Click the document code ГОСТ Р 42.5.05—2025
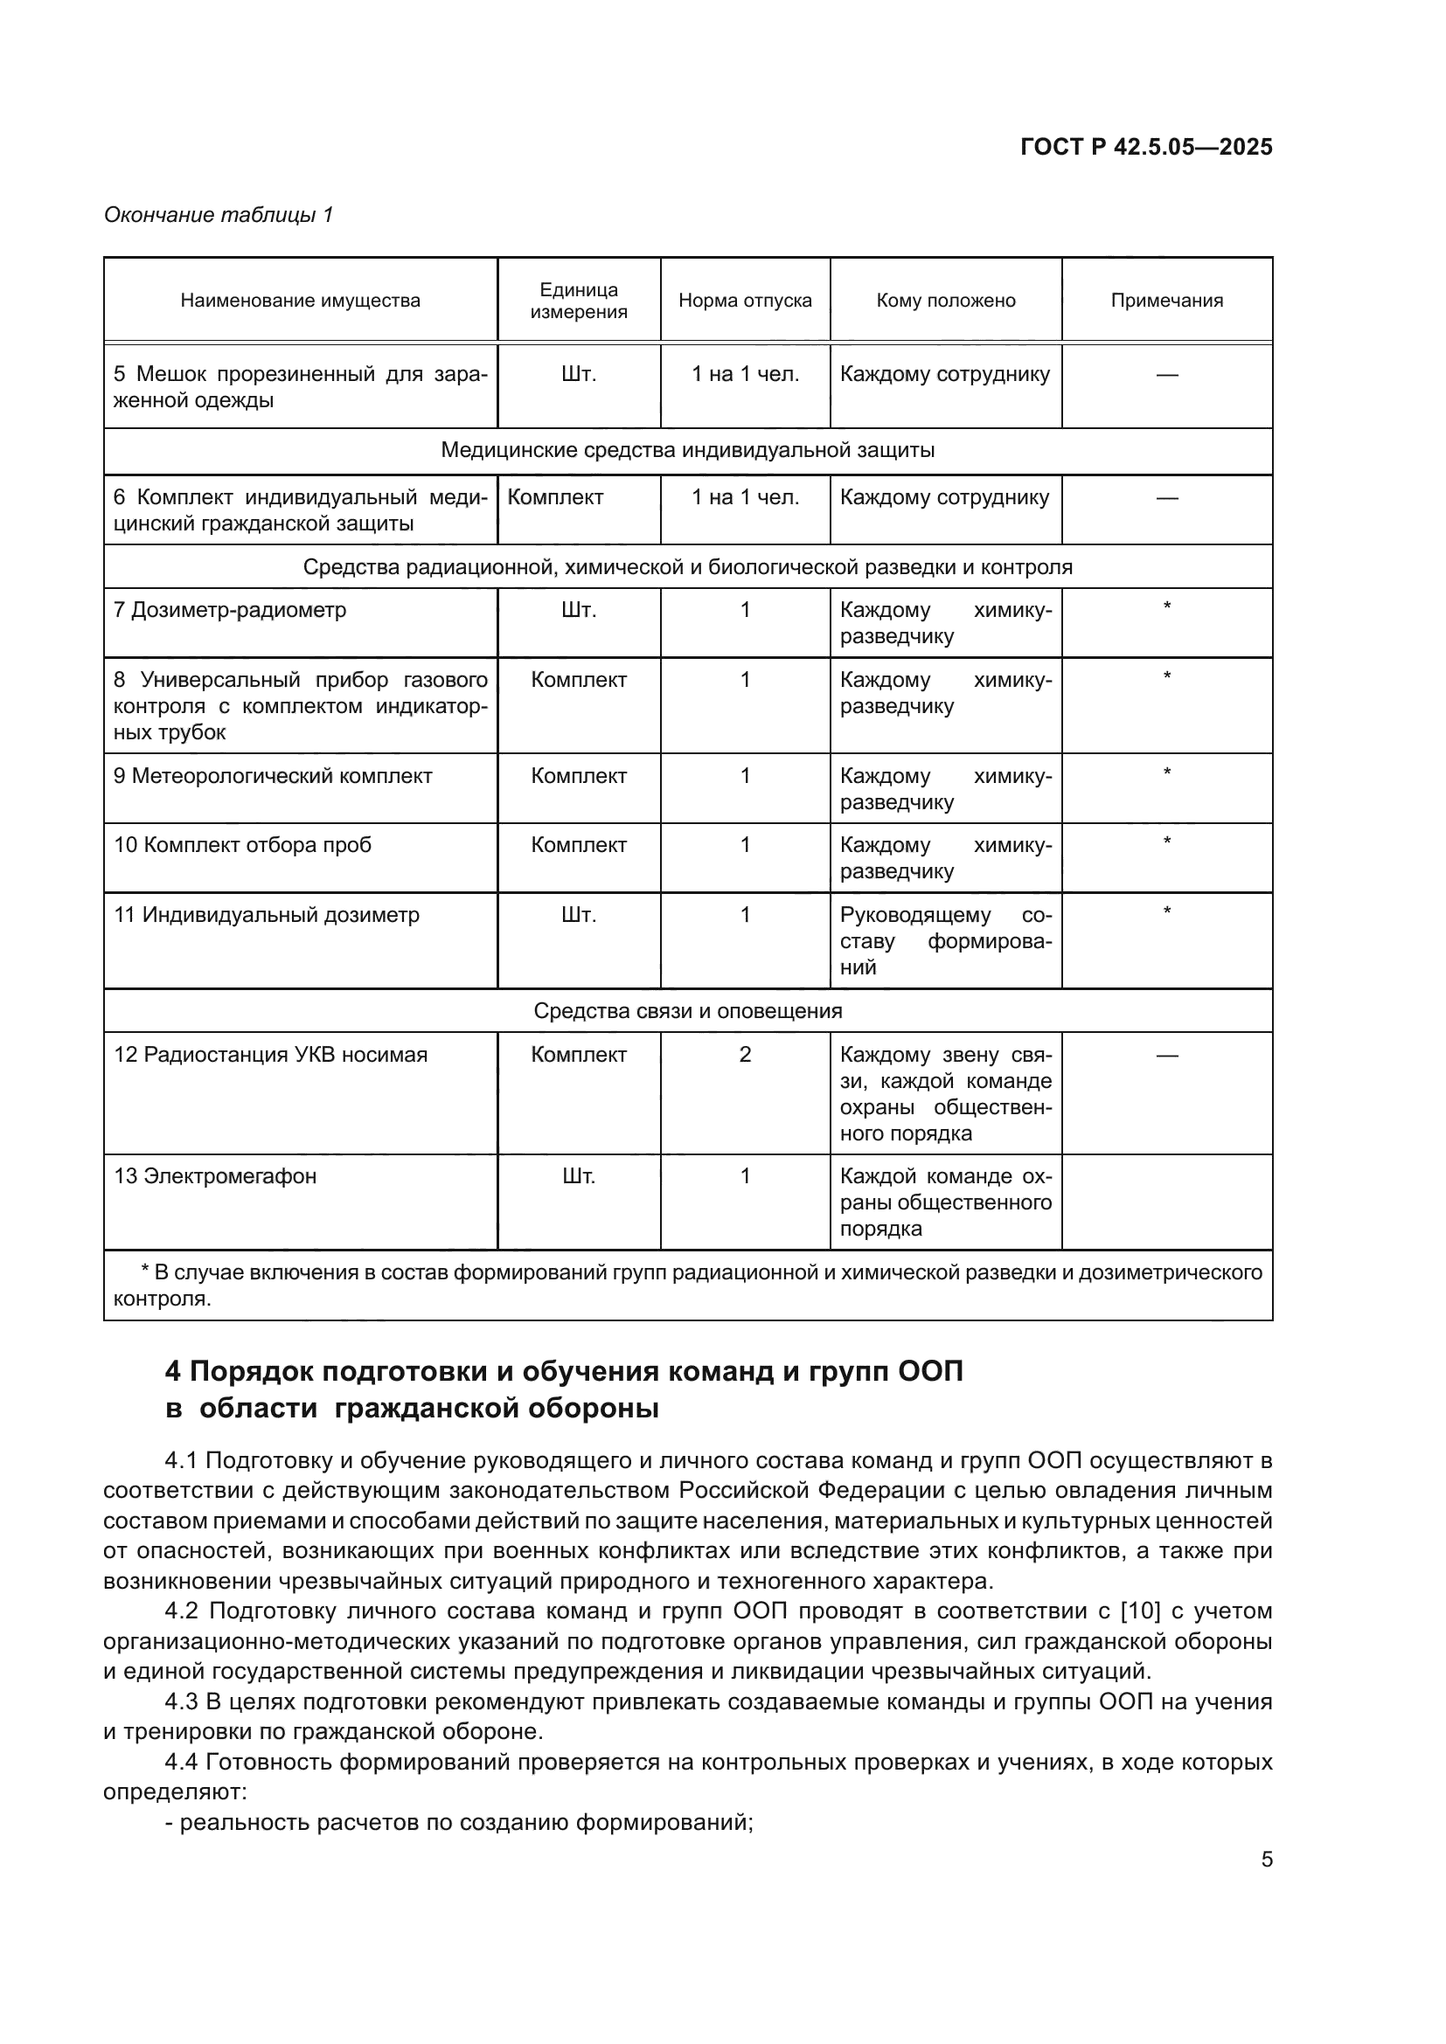1146,148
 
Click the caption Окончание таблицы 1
219,216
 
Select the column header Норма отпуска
744,301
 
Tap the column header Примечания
1165,301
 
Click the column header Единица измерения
578,301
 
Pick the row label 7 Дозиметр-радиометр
230,611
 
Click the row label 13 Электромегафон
214,1176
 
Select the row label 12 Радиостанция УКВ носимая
270,1055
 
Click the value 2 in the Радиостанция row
744,1055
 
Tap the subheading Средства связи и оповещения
687,1011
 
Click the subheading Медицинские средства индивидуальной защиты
687,450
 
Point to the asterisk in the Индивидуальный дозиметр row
1165,911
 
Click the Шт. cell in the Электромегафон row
578,1176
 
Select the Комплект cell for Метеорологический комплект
578,776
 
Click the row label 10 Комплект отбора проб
242,845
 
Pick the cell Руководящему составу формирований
945,941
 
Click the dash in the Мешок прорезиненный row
1165,375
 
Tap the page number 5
1266,1860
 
